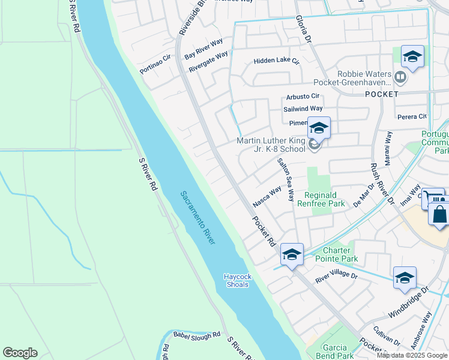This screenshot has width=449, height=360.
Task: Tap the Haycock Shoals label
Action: pos(237,280)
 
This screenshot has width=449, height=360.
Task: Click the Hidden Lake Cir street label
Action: pos(276,61)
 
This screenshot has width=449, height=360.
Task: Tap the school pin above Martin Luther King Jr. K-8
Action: pos(319,128)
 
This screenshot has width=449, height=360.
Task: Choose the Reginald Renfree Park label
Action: pos(325,200)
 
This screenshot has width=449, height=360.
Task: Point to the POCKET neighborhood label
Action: pos(381,94)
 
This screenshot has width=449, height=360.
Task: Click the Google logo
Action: pos(20,353)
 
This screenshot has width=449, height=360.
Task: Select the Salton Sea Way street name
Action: pos(285,179)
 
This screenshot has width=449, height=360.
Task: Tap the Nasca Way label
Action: pos(267,197)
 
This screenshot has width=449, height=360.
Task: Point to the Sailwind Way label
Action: pos(303,109)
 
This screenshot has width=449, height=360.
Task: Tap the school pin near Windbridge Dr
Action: pos(405,278)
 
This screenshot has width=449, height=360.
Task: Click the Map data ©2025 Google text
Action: pos(412,355)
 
